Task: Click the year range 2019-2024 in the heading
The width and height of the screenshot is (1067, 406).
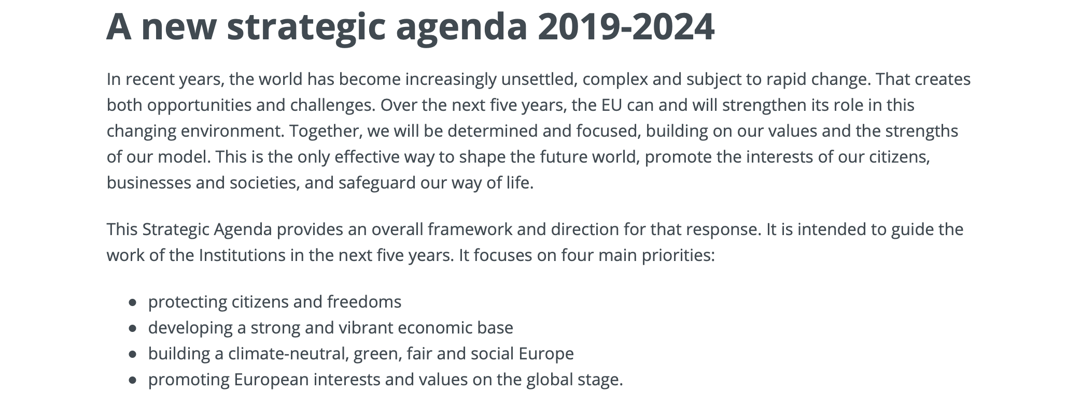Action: (x=626, y=26)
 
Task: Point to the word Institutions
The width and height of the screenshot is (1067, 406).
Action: (x=242, y=255)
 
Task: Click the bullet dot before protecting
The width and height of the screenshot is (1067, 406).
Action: (x=133, y=302)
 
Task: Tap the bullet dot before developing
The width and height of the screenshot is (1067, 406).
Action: (x=133, y=328)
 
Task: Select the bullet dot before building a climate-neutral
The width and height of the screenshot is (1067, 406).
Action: (x=133, y=354)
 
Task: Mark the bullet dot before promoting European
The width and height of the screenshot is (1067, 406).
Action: (x=133, y=380)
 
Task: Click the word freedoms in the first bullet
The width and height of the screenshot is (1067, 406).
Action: (x=364, y=302)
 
